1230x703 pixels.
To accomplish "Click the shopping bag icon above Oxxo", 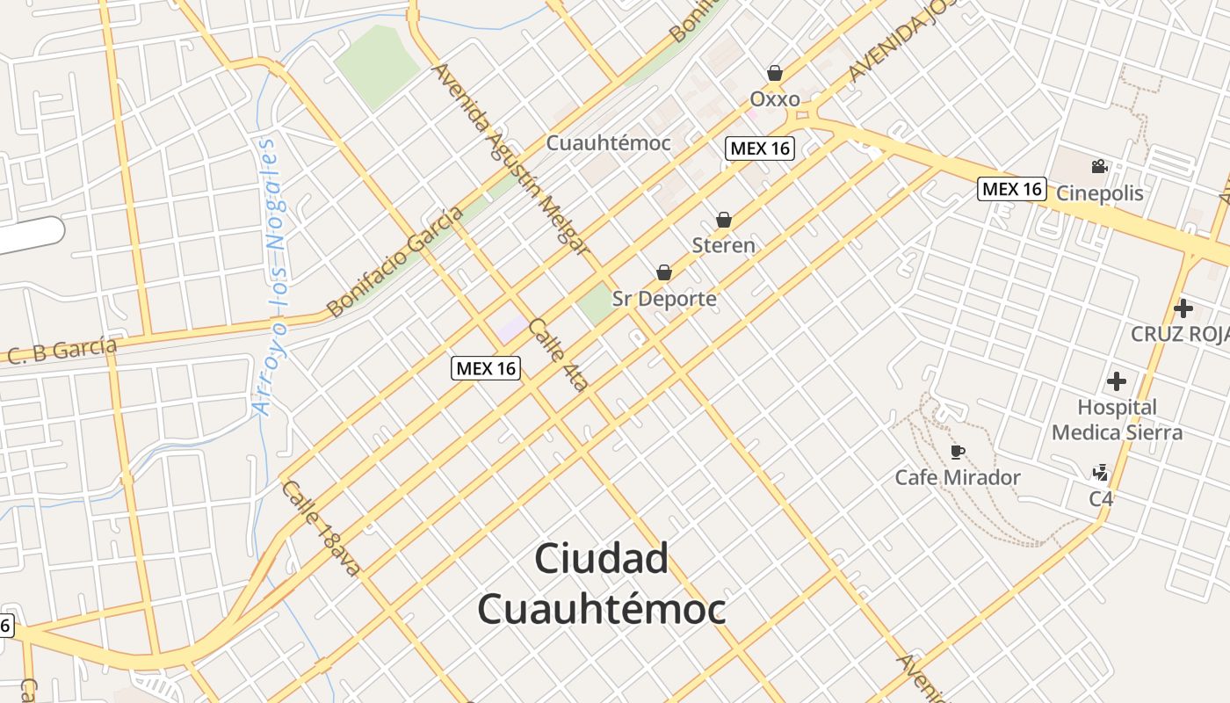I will tap(774, 73).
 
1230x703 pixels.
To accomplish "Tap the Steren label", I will tap(723, 245).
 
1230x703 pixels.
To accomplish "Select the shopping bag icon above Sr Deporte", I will tap(664, 273).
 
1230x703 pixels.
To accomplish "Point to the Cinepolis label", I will tap(1100, 193).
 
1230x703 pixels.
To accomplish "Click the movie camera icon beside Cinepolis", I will tap(1099, 167).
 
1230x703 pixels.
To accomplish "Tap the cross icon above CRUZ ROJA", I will tap(1183, 308).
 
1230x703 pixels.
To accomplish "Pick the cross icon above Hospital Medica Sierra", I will tap(1117, 381).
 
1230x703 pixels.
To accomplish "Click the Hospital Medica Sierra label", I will tap(1117, 420).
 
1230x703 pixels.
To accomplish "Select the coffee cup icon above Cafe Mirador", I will tap(958, 453).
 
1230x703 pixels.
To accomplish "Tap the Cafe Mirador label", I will tap(958, 478).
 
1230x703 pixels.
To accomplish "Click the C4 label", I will tap(1101, 499).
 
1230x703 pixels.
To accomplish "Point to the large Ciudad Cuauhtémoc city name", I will tap(602, 583).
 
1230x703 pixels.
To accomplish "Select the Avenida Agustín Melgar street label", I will tap(510, 159).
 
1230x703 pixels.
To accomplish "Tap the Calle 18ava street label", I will tap(322, 528).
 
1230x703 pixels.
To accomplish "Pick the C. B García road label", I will tap(62, 351).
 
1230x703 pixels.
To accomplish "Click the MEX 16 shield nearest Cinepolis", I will tap(1012, 188).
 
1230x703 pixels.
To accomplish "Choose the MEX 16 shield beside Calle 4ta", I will tap(486, 369).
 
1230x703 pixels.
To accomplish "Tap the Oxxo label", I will tap(774, 98).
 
